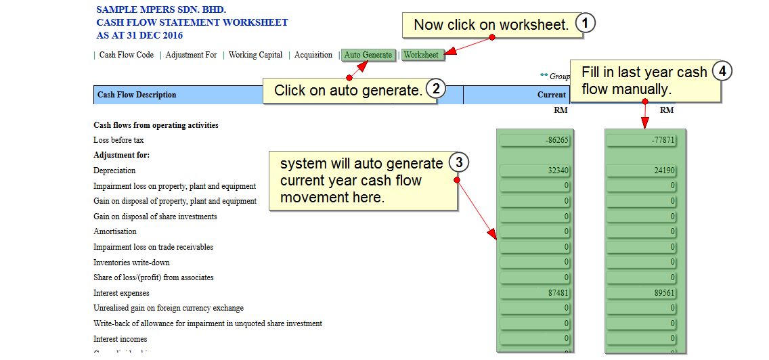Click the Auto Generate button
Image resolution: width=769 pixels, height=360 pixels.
click(x=368, y=55)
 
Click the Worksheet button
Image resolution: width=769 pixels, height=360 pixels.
click(x=421, y=55)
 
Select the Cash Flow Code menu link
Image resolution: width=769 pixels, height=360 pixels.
click(x=127, y=55)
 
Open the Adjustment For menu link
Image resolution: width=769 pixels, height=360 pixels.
click(x=191, y=55)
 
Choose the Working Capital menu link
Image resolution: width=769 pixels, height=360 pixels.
click(x=255, y=55)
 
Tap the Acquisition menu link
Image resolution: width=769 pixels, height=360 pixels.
click(x=313, y=55)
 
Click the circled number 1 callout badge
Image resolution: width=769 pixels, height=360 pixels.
click(x=586, y=24)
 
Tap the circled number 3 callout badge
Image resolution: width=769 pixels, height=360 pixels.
click(x=459, y=162)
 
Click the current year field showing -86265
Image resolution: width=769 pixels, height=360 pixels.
click(x=535, y=141)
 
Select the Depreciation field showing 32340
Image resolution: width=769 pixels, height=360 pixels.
click(x=535, y=171)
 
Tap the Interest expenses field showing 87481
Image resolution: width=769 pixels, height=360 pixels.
click(x=535, y=293)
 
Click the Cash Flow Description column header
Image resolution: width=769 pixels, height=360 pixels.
click(x=137, y=95)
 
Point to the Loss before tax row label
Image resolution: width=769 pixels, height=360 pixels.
click(x=118, y=140)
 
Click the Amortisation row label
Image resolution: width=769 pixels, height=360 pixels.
click(x=115, y=231)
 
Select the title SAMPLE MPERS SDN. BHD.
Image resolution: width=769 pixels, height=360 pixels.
click(x=161, y=10)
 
